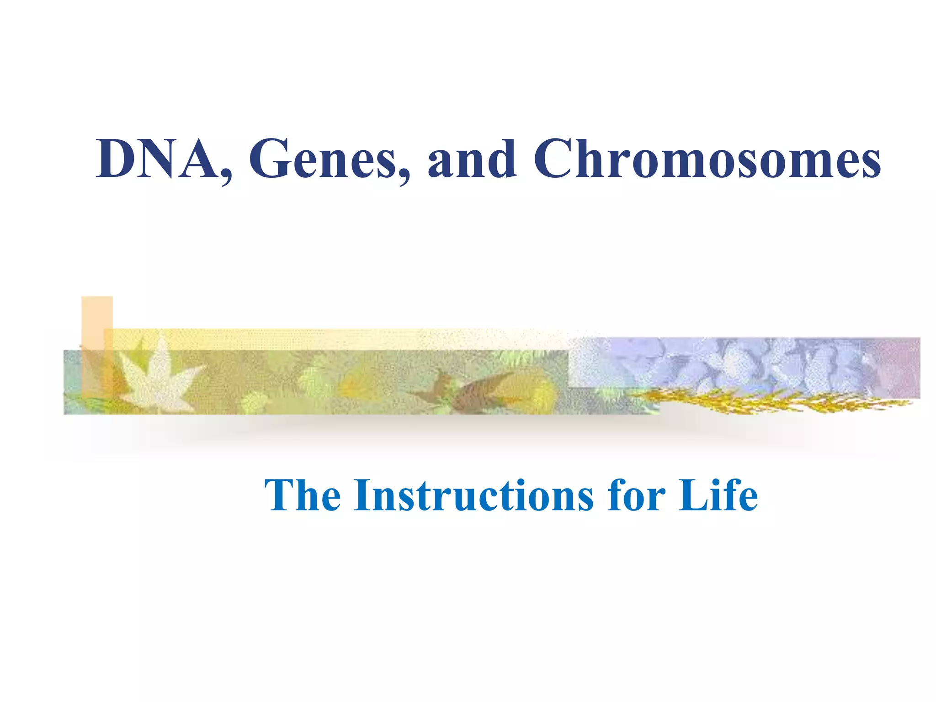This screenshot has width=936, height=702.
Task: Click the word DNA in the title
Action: pos(155,159)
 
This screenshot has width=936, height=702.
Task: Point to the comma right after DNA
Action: pos(225,176)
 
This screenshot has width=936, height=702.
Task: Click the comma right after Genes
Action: pos(403,176)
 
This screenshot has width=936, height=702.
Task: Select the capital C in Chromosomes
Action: pos(554,159)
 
